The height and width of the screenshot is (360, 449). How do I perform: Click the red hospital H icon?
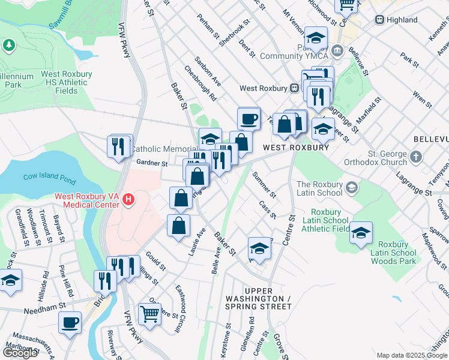127,199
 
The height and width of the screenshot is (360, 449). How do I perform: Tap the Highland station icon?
379,20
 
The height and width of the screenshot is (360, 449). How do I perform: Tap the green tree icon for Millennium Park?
9,45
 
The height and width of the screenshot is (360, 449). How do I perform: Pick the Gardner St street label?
151,163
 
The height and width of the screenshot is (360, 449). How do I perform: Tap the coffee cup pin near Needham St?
70,322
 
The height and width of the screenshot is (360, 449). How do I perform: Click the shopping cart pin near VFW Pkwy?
149,313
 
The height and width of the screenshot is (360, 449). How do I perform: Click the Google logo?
20,353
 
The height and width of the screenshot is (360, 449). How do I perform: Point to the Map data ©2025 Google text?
412,355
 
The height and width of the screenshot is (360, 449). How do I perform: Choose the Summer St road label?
264,185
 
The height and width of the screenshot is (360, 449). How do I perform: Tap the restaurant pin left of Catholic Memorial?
119,146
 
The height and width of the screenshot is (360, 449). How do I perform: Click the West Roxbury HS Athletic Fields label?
66,82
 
